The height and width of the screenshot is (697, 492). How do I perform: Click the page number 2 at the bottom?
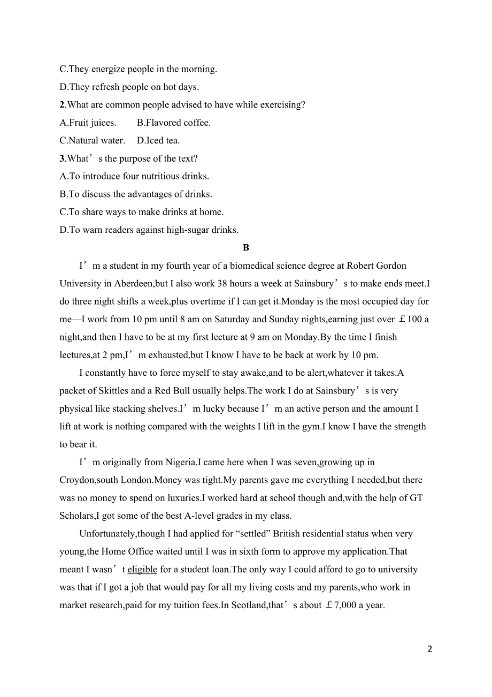(430, 649)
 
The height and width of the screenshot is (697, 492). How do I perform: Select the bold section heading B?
(246, 248)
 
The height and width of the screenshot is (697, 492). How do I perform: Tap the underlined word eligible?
(142, 570)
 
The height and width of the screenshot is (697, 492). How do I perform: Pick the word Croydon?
(77, 480)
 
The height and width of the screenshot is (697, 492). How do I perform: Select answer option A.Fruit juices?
(88, 123)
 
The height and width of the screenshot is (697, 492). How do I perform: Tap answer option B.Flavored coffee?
(174, 123)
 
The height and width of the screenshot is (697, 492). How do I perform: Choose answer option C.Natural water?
(92, 141)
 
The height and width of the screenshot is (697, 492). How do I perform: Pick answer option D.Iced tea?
(158, 141)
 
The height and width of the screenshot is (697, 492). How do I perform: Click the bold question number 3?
(62, 158)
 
